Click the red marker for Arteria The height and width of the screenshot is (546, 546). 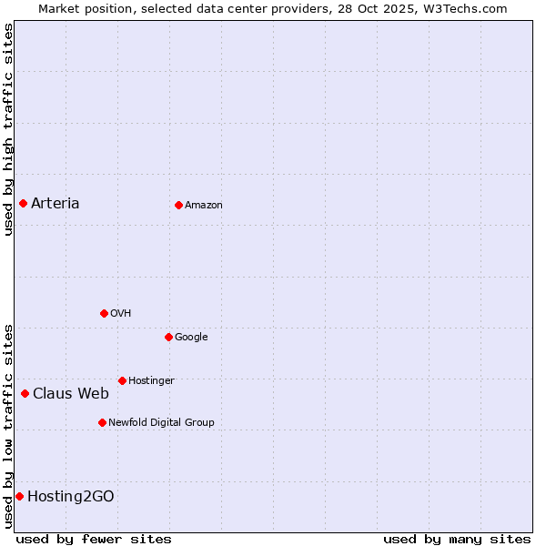pos(23,203)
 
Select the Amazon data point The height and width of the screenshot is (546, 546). pos(178,205)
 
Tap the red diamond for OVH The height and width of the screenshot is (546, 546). pos(104,313)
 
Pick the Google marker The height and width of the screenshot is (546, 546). pos(168,337)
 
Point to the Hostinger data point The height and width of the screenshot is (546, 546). pos(122,380)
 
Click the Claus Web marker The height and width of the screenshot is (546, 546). pos(25,393)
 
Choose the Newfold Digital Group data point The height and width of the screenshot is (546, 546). pos(102,422)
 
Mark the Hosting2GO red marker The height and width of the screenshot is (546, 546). pos(19,496)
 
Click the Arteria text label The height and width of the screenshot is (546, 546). pos(56,203)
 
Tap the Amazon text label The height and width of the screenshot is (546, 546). pos(204,205)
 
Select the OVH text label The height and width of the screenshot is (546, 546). pos(121,313)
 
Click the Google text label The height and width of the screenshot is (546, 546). pos(191,337)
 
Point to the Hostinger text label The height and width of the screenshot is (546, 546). pos(151,380)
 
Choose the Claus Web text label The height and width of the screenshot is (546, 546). pos(71,393)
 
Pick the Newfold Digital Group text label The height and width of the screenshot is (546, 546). pos(161,422)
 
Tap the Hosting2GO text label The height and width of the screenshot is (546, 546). pos(71,496)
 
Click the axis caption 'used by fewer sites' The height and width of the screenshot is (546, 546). pos(94,539)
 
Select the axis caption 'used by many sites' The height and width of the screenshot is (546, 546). pos(457,539)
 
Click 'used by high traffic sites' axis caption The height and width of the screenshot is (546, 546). pos(8,129)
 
